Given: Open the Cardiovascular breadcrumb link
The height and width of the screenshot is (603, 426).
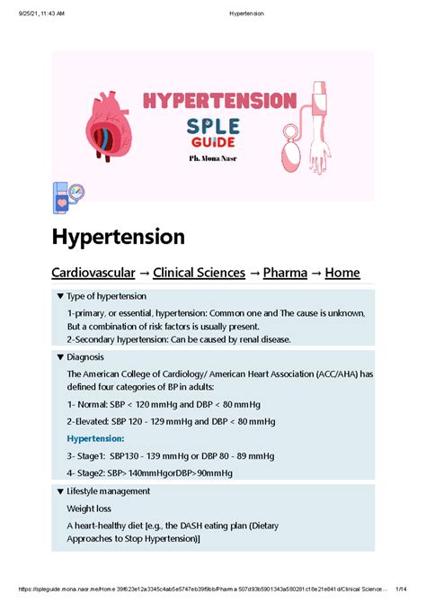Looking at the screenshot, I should point(93,272).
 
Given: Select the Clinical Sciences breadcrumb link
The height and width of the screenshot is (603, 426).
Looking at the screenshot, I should point(199,272).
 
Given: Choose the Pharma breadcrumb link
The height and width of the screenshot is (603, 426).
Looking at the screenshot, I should point(284,272).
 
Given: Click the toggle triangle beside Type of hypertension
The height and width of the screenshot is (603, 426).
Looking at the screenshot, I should point(59,296).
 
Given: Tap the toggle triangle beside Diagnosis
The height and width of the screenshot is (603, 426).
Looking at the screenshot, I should point(59,357).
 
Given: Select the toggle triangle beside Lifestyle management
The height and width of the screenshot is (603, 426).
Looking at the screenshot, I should point(59,491).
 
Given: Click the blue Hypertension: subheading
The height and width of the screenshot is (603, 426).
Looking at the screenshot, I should point(102,438).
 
